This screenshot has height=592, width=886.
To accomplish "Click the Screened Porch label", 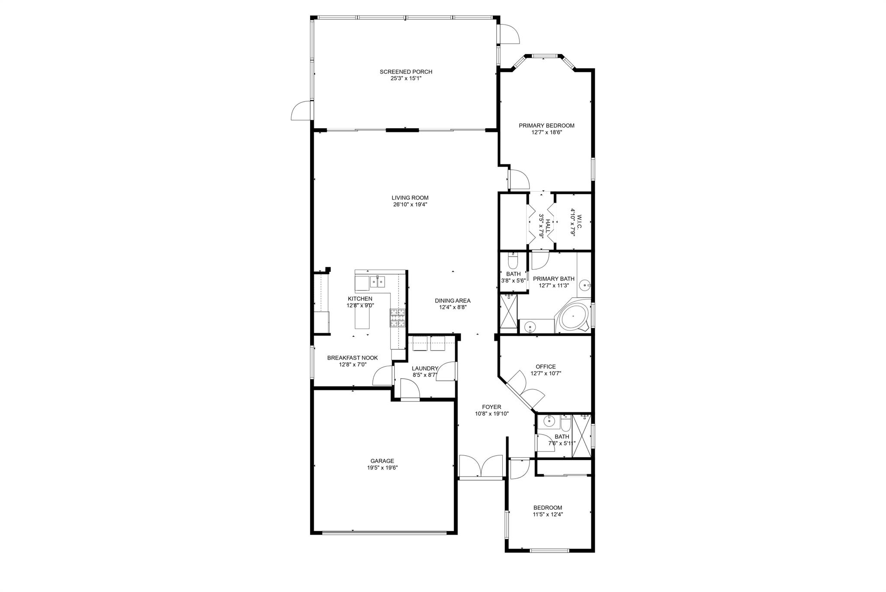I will point(406,72).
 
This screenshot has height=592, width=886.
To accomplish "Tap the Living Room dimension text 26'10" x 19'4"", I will point(410,205).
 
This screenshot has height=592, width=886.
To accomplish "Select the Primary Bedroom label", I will point(546,125).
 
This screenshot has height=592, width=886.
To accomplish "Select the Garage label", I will point(382,461).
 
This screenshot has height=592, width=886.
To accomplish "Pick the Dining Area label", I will point(453,301).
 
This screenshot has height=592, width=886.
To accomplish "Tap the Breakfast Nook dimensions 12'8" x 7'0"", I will point(353,364).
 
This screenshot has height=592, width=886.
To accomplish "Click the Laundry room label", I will point(425,369).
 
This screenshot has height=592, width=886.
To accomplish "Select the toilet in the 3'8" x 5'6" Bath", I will point(513,261).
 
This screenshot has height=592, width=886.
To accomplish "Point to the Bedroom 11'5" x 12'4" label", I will point(547,508).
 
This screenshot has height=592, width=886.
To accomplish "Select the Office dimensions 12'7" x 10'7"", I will point(545,373).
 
